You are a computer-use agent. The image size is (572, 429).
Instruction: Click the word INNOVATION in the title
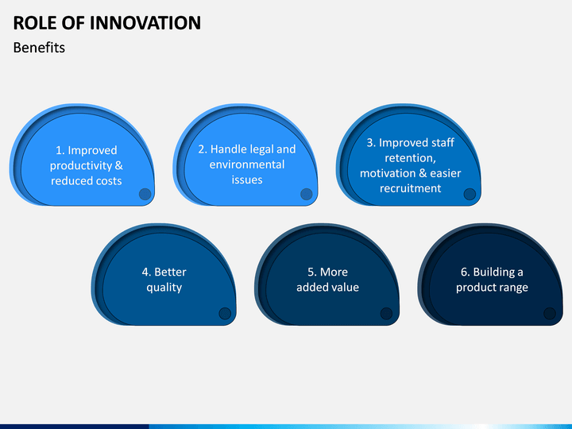pos(145,22)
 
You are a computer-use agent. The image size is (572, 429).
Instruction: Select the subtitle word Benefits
pos(39,48)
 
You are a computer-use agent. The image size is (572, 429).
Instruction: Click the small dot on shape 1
pos(145,194)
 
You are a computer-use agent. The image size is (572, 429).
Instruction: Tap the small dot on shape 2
pos(307,194)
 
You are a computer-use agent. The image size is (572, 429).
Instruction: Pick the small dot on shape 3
pos(470,194)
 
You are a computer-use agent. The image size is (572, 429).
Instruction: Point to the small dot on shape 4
pos(225,313)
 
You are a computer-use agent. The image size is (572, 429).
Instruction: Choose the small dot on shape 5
pos(386,313)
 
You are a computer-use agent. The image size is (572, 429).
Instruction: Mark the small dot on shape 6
pos(550,313)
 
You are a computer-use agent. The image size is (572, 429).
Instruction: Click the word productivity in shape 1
pos(81,166)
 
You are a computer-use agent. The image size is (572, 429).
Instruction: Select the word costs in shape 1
pos(109,181)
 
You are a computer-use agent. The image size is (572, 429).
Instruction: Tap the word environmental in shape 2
pos(247,164)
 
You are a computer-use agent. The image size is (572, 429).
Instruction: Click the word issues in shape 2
pos(247,180)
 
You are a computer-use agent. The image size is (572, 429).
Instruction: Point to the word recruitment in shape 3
pos(411,188)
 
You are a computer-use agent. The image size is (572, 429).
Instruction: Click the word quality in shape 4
pos(164,288)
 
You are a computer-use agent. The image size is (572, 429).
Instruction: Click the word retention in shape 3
pos(410,158)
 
